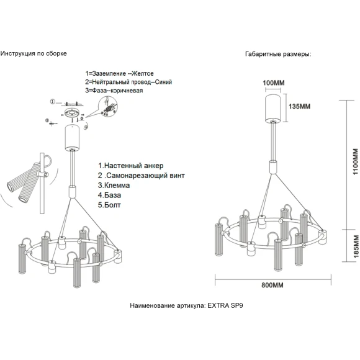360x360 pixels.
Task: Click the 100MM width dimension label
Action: (274, 83)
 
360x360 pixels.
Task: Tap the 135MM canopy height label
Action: (299, 106)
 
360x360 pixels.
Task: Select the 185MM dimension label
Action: (356, 246)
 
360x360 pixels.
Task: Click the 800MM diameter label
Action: (272, 285)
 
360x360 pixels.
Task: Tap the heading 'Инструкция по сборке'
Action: (34, 53)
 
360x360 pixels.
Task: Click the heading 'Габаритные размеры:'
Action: (278, 54)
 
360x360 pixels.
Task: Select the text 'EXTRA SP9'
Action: (225, 305)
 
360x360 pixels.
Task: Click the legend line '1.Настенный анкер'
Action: (130, 166)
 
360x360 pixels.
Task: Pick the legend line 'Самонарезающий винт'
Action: (146, 176)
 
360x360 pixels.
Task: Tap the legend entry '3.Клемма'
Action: (114, 186)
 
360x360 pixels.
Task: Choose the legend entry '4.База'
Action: (109, 195)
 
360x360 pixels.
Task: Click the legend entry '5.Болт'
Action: (109, 205)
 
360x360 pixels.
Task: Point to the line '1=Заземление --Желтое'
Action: (119, 73)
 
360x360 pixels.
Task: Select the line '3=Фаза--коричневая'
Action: (114, 91)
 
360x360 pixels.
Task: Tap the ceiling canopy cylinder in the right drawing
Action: (272, 109)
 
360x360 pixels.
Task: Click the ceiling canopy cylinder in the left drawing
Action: (73, 137)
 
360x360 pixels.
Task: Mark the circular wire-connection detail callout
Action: (107, 106)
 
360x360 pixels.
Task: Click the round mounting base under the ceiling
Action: (73, 114)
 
